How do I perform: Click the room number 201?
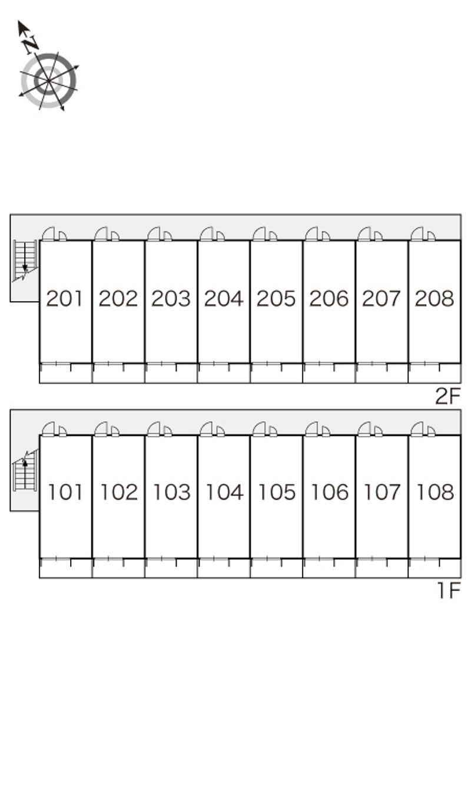click(x=65, y=299)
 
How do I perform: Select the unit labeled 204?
click(x=224, y=299)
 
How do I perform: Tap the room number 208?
click(x=434, y=299)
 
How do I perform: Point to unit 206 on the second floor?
click(x=329, y=299)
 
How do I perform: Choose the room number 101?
click(x=65, y=492)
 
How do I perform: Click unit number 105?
click(x=277, y=492)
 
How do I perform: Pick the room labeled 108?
click(x=435, y=492)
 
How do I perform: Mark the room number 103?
click(x=171, y=492)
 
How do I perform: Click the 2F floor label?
click(x=448, y=396)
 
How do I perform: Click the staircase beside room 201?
click(x=25, y=260)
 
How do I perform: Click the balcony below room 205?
click(x=276, y=374)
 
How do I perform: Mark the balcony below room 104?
click(x=223, y=568)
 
